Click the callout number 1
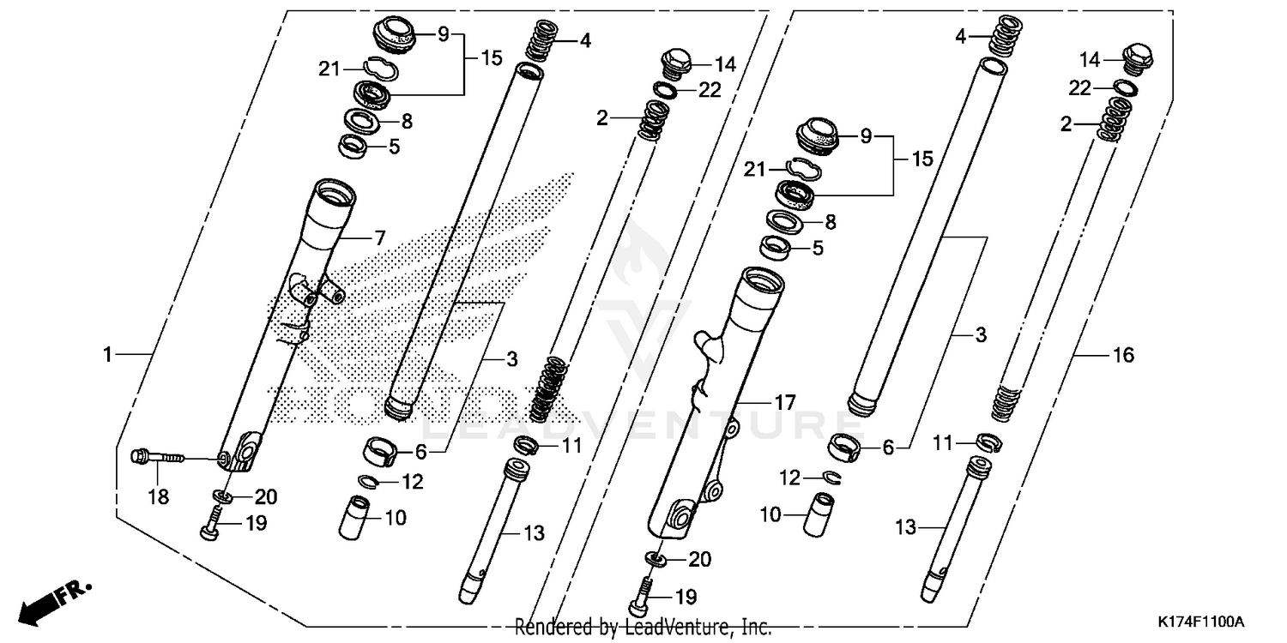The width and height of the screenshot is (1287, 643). coord(108,354)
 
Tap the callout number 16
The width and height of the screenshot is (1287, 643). coord(1123,354)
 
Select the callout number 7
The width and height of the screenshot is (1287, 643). coord(379,237)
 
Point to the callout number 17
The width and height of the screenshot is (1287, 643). coord(785,401)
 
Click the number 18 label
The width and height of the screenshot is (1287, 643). coord(159,496)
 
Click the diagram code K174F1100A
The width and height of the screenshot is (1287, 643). coord(1199,621)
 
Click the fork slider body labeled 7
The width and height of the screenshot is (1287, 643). coord(283,326)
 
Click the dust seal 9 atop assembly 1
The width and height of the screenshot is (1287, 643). coord(394,35)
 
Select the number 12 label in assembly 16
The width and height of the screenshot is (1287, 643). coord(789,476)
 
